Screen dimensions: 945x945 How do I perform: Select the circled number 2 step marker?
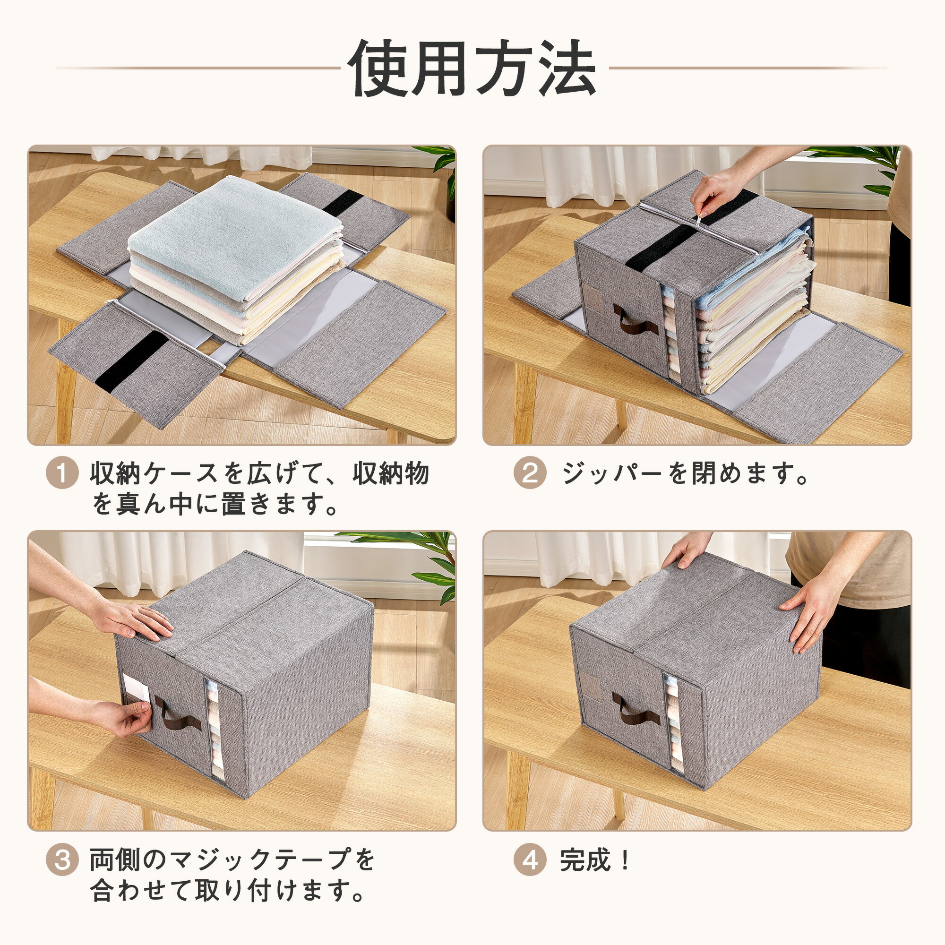pos(530,473)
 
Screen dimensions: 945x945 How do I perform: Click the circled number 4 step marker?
pos(530,860)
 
